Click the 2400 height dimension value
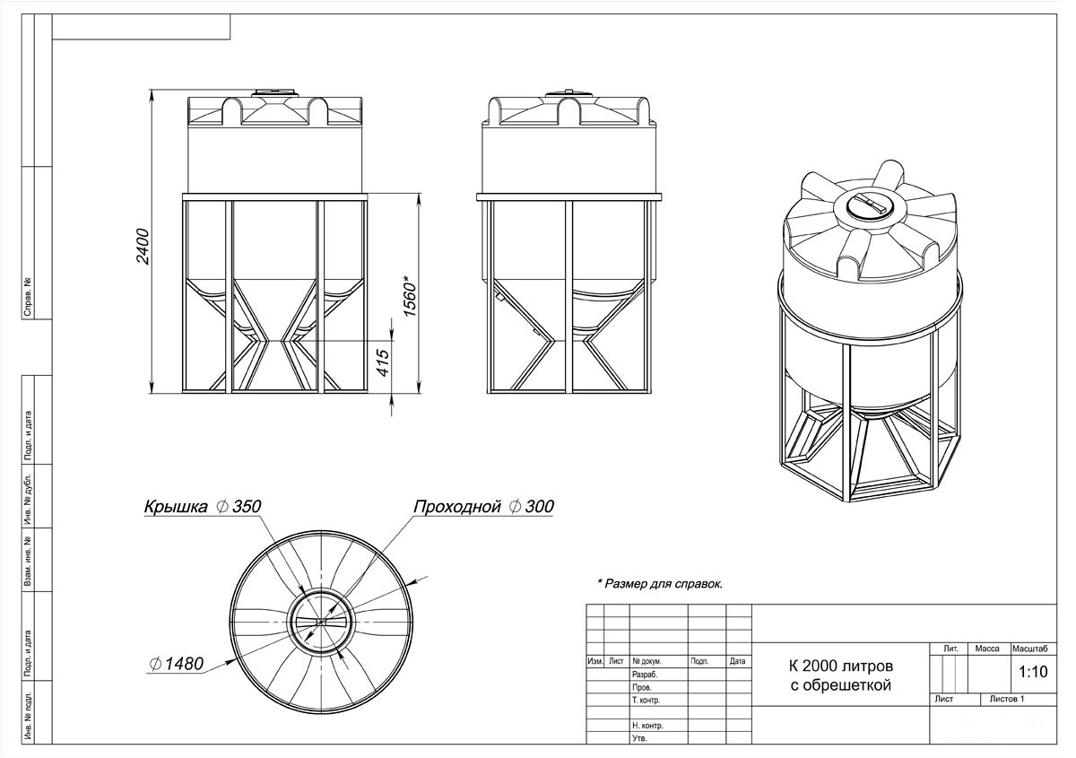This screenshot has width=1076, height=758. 143,247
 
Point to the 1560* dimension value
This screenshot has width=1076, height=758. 409,295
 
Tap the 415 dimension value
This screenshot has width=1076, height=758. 383,363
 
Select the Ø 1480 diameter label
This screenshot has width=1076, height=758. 177,664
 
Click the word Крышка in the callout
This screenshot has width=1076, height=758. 176,507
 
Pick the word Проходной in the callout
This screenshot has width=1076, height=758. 456,507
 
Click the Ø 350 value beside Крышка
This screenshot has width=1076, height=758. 239,506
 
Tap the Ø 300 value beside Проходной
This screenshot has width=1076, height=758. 532,506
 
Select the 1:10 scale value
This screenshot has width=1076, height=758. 1033,672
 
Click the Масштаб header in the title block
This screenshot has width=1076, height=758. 1030,649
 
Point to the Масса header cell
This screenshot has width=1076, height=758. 987,649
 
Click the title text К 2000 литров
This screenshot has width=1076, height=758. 841,667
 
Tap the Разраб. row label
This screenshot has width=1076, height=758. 645,675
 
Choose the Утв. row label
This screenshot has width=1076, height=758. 639,738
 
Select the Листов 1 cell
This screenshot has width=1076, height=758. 1007,699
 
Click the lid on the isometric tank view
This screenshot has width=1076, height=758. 871,207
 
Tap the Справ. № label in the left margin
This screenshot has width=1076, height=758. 28,297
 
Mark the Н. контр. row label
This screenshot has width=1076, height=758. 647,726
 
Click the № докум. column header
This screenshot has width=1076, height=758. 646,661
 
